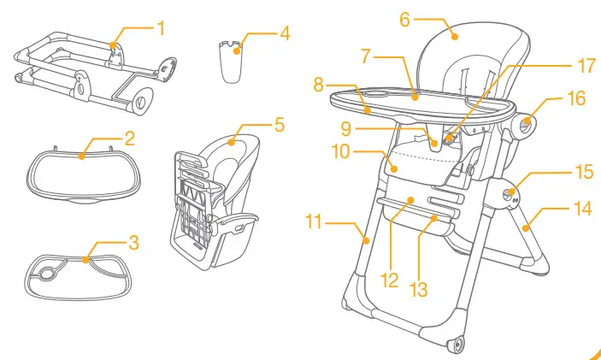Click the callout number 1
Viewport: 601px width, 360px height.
point(160,28)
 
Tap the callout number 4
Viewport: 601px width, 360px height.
point(285,35)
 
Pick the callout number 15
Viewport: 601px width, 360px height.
point(583,172)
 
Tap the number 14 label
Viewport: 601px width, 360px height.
point(583,208)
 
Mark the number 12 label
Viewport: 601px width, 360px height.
point(390,280)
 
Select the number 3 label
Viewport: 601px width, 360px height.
point(133,243)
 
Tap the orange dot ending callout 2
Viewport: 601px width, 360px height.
point(82,156)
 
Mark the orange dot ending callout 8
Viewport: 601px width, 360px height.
point(366,109)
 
